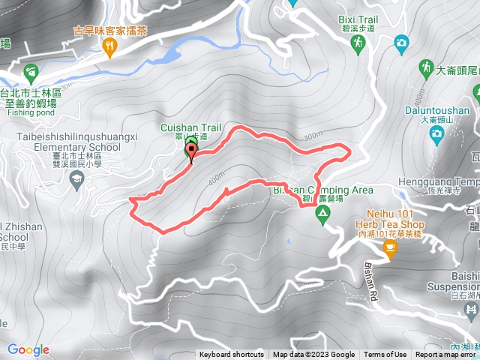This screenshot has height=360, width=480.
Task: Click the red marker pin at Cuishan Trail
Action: click(x=190, y=152)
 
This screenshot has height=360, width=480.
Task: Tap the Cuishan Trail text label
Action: click(x=190, y=127)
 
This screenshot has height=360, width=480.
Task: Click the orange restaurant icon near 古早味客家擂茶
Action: click(x=111, y=48)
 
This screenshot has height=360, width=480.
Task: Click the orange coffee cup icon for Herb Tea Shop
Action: click(x=390, y=251)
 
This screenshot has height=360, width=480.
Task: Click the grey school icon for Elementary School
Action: click(x=76, y=178)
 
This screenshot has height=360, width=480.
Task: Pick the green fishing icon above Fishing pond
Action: click(x=31, y=73)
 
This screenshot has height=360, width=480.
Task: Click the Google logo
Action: click(x=28, y=349)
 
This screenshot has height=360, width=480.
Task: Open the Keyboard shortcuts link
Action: click(x=231, y=355)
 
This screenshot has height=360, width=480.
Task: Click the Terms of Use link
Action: click(x=385, y=355)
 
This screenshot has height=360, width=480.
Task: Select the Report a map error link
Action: click(x=446, y=355)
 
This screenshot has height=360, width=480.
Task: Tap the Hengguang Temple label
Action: click(x=448, y=181)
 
